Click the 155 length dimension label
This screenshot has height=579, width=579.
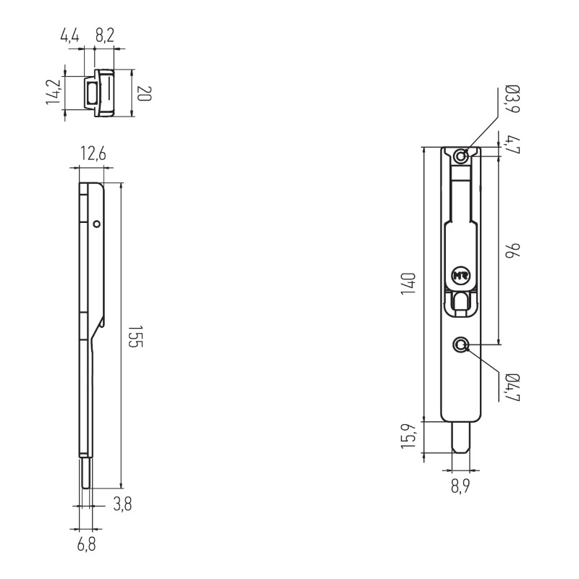point(135,337)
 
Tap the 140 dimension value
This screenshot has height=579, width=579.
point(408,284)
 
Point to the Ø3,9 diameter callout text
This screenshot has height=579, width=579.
point(512,99)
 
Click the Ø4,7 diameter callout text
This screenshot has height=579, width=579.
point(512,387)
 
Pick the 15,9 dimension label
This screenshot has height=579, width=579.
point(409,436)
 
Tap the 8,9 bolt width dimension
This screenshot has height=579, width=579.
point(460,486)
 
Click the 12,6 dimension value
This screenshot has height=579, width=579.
point(93,153)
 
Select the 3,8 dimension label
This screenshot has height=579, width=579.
point(122,504)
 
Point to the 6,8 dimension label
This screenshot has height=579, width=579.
point(86,544)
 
